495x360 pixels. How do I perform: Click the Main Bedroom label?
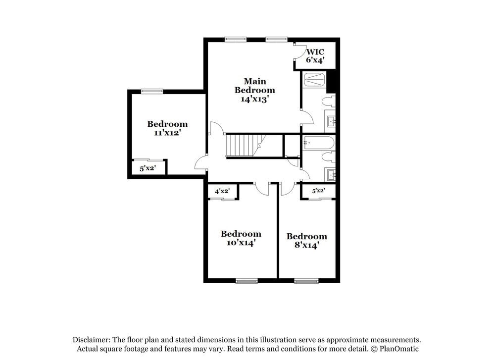coord(254,86)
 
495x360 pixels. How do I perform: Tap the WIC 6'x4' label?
coord(315,55)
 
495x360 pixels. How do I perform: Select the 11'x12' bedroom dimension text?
coord(167,133)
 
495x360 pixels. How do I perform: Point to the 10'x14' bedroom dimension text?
coord(241,243)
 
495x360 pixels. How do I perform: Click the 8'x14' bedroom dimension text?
coord(307,245)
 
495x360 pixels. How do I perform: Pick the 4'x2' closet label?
coord(222,191)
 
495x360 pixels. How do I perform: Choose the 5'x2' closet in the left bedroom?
coord(148,168)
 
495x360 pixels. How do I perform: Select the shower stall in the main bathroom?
coord(314,80)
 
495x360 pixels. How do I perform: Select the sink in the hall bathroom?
coord(330,175)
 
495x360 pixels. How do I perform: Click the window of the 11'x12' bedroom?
coord(152,91)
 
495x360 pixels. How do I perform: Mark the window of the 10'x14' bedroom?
coord(247,281)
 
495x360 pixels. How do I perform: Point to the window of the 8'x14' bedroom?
coord(306,281)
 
